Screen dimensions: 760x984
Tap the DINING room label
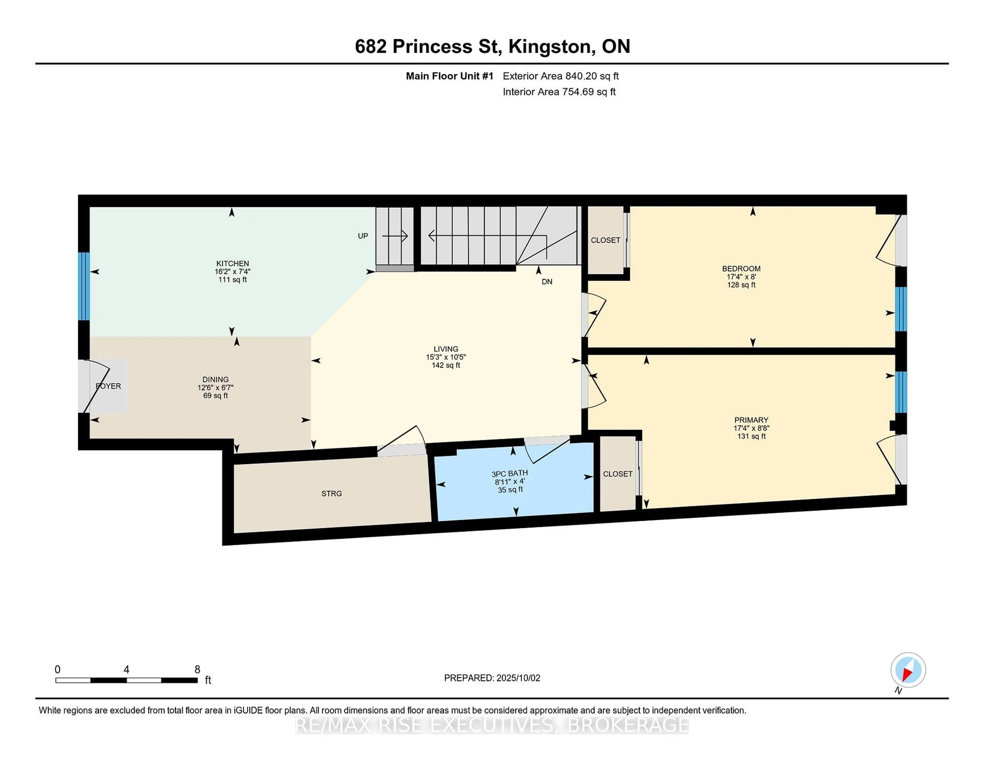pyautogui.click(x=215, y=379)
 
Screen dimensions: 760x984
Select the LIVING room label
pyautogui.click(x=446, y=349)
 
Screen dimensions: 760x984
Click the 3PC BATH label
pyautogui.click(x=510, y=473)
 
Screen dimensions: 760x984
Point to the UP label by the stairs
pyautogui.click(x=363, y=236)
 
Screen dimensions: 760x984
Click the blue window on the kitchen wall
pyautogui.click(x=84, y=286)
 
